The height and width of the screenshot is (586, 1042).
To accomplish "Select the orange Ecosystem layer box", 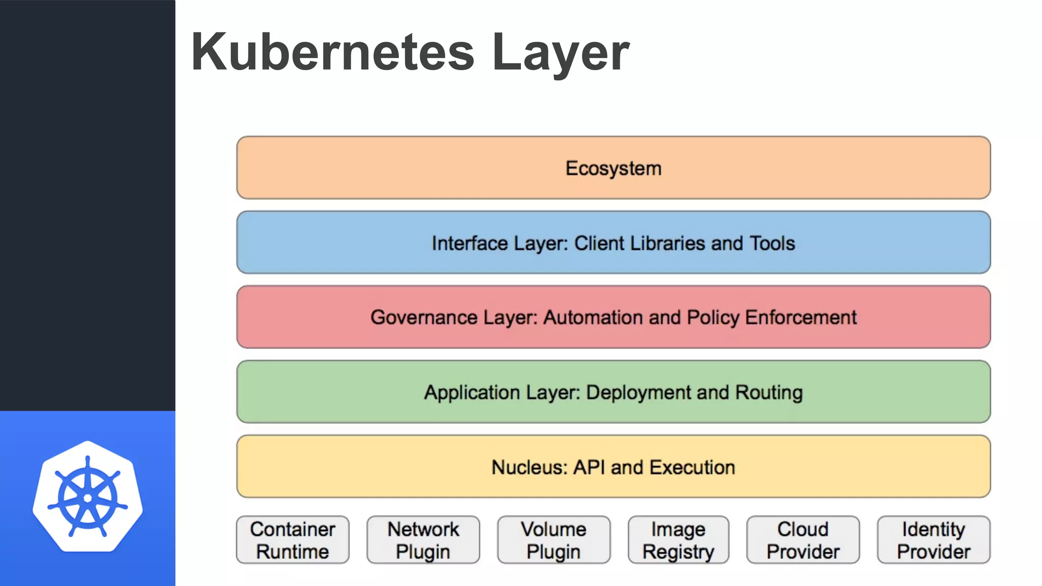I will coord(613,168).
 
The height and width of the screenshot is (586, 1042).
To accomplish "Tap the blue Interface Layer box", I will coord(613,243).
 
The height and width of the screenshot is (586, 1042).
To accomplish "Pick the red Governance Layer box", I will coord(613,317).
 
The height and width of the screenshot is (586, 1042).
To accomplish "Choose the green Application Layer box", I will coord(613,392).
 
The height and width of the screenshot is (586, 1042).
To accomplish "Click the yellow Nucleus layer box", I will coord(613,466).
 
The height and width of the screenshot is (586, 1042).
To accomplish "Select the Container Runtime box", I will coord(293,540).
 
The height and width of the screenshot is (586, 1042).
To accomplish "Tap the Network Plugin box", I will coord(423,540).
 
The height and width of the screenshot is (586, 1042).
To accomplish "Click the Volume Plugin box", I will coord(554,540).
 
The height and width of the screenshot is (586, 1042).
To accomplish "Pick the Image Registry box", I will coord(678,540).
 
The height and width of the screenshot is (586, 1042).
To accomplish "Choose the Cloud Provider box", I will coord(803,540).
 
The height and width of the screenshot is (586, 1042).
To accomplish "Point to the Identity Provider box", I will coord(934,540).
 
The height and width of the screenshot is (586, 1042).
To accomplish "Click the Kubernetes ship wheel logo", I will coord(88,497).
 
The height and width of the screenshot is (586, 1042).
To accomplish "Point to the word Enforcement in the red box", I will coord(801,317).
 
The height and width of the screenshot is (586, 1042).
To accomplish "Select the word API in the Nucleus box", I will coord(589,467).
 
